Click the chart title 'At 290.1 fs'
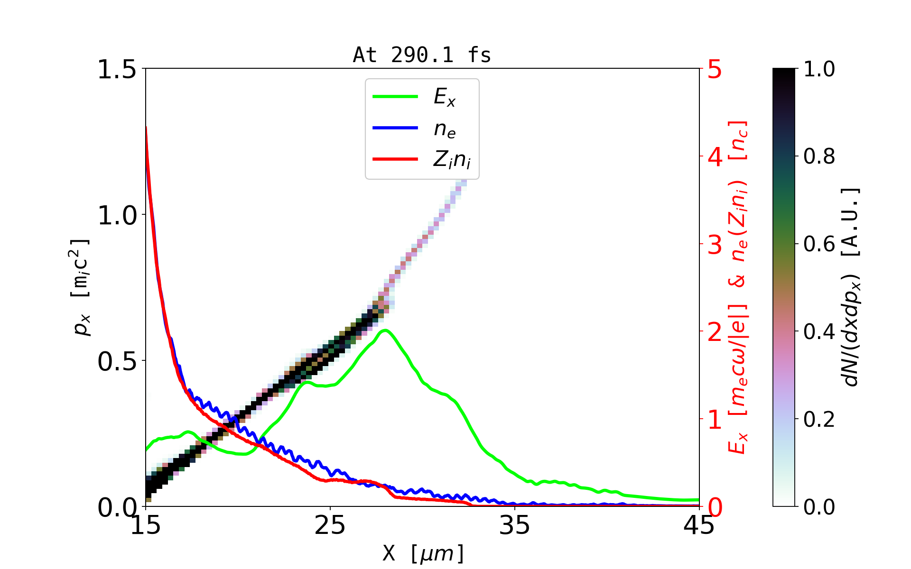(422, 55)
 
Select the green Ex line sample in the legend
(395, 97)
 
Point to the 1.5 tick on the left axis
(117, 70)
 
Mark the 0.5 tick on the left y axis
(117, 362)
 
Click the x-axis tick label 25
(330, 525)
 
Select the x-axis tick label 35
(515, 525)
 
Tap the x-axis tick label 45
(699, 525)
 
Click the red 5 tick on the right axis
(715, 70)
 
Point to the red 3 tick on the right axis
(715, 245)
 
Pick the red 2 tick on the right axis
(715, 332)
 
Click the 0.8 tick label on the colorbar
(819, 156)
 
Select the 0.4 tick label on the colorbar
(819, 332)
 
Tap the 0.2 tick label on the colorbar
(819, 420)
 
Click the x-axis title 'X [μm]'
(423, 553)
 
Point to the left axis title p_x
(81, 287)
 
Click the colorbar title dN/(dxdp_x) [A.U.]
(852, 287)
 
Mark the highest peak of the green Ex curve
(385, 330)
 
